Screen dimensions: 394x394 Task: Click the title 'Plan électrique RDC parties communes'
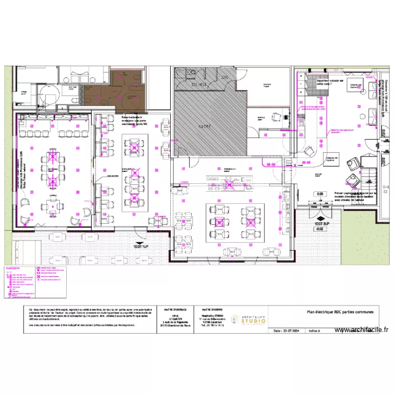(x=340, y=312)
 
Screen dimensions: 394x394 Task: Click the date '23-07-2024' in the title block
(x=291, y=331)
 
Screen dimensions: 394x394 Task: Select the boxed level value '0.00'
(x=320, y=194)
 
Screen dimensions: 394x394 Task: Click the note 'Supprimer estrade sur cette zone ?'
(x=329, y=82)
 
